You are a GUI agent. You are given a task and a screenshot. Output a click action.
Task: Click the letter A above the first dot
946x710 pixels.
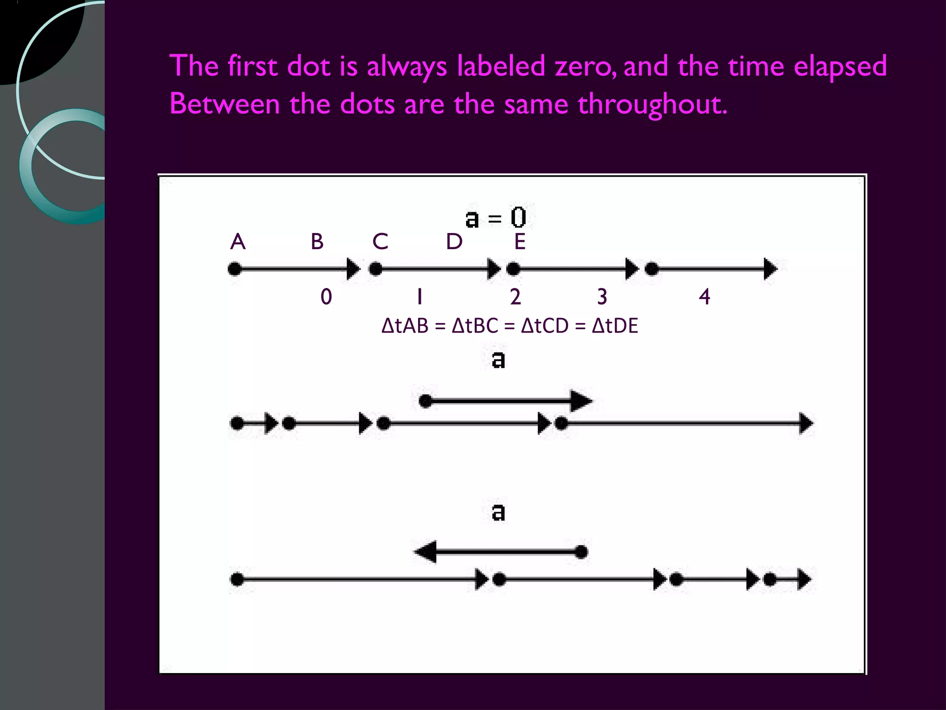(237, 242)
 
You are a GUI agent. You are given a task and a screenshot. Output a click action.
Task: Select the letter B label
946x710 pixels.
(317, 242)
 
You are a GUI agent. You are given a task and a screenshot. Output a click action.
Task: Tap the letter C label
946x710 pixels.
(380, 242)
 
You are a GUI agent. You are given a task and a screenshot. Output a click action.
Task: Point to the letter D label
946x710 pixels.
(454, 242)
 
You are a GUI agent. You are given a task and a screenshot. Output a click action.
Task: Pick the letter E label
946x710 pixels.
(520, 242)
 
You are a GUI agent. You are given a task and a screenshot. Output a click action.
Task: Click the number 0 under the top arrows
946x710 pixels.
(326, 297)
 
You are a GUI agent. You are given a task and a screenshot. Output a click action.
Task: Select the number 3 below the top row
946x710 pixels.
(602, 297)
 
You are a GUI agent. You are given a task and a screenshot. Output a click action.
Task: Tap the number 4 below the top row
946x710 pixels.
(704, 297)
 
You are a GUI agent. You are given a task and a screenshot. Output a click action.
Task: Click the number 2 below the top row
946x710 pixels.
(515, 297)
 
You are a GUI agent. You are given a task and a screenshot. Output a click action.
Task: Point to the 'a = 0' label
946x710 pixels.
(496, 218)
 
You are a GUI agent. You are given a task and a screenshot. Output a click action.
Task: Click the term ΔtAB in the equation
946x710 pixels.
(405, 326)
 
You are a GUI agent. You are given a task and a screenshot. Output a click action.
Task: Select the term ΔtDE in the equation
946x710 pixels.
(615, 326)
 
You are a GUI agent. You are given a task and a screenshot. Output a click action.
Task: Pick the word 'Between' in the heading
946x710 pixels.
(224, 104)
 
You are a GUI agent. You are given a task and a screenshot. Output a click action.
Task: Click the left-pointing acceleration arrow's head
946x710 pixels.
(425, 552)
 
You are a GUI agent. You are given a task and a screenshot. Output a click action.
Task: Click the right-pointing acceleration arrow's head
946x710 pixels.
(582, 401)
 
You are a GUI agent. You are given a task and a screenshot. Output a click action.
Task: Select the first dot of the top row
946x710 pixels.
(235, 269)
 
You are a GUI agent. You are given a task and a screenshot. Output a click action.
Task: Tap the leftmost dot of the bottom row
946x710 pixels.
(237, 579)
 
